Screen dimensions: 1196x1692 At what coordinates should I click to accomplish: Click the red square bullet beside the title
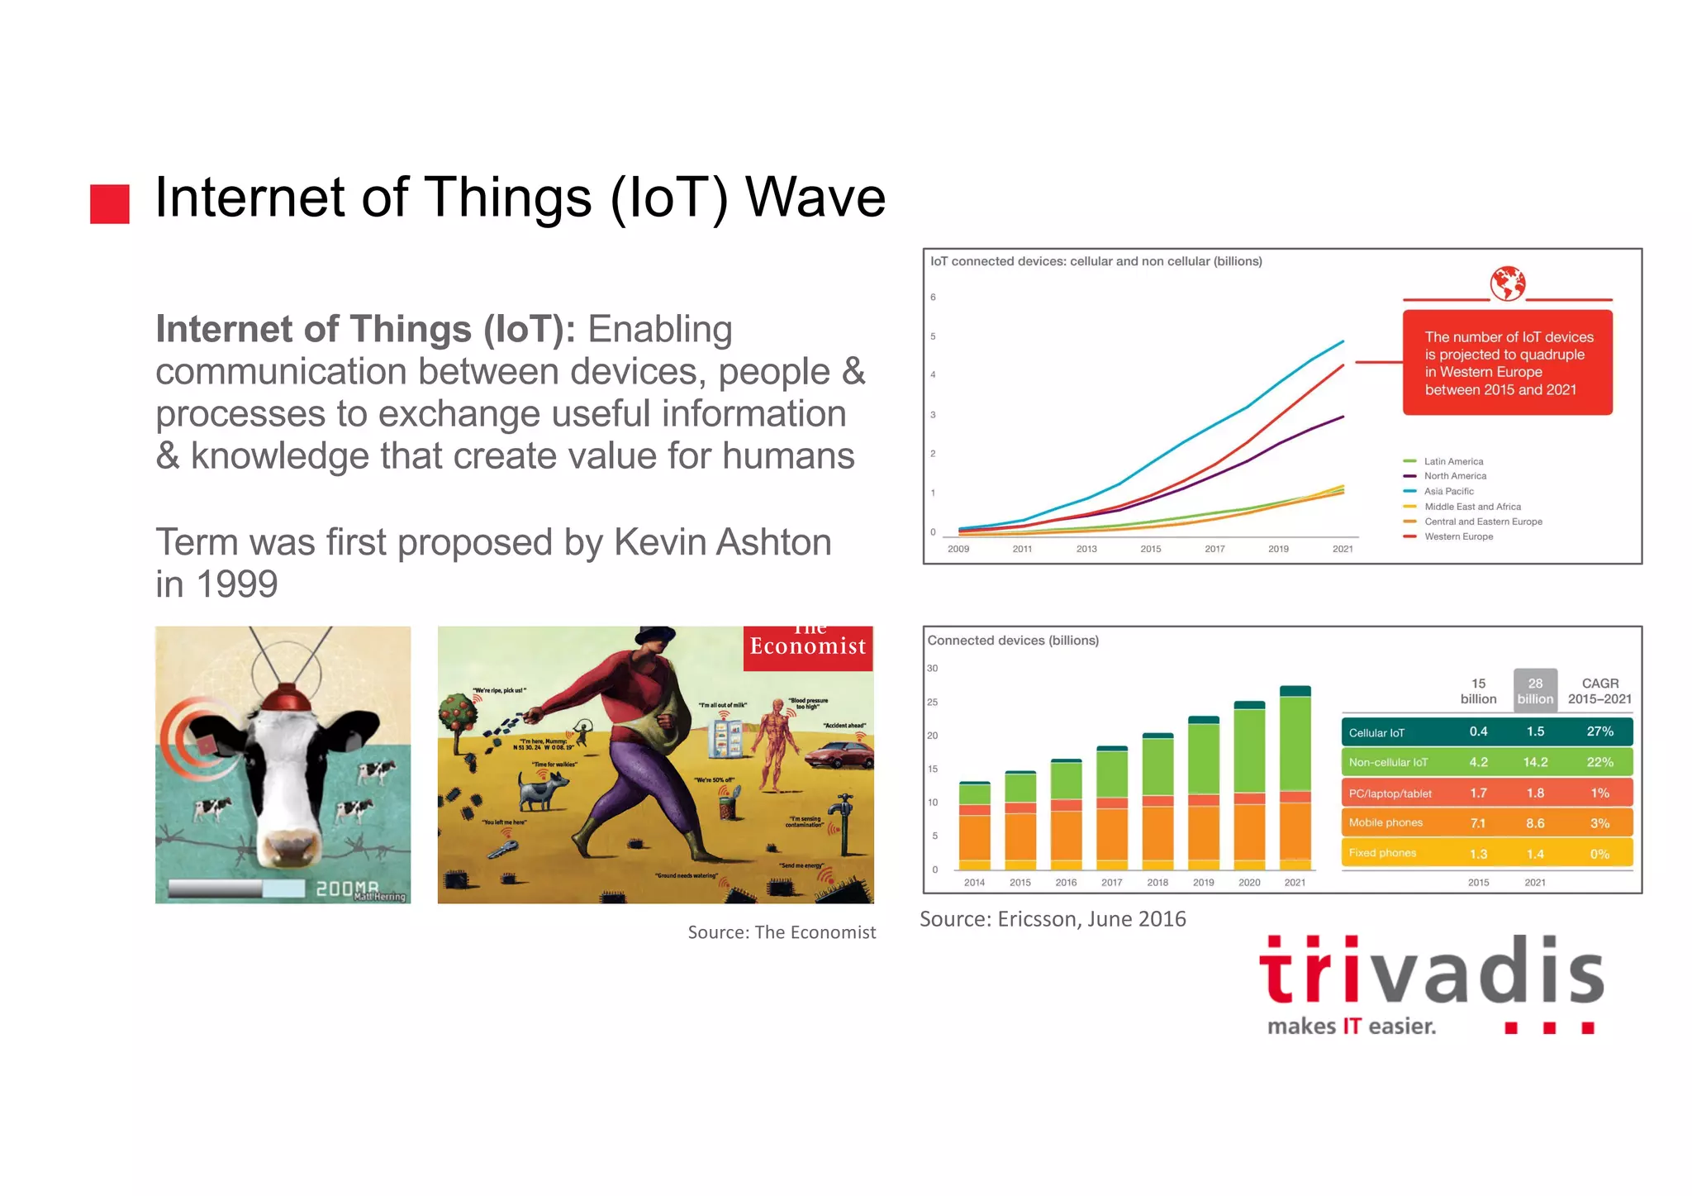pyautogui.click(x=110, y=203)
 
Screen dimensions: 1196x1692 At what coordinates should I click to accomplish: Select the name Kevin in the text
pyautogui.click(x=662, y=543)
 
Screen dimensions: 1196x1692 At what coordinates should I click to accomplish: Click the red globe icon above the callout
pyautogui.click(x=1507, y=284)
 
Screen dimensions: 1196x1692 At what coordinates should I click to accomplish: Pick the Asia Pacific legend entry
pyautogui.click(x=1447, y=491)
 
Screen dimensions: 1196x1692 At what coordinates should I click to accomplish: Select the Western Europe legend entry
pyautogui.click(x=1457, y=536)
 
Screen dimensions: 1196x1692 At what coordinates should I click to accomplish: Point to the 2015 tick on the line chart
pyautogui.click(x=1150, y=549)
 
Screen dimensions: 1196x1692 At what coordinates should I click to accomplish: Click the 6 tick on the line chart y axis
pyautogui.click(x=933, y=298)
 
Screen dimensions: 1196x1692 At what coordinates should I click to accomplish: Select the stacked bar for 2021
pyautogui.click(x=1295, y=777)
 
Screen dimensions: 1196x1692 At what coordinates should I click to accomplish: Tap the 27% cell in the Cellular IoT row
pyautogui.click(x=1599, y=731)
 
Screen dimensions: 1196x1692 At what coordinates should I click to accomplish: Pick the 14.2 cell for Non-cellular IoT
pyautogui.click(x=1535, y=762)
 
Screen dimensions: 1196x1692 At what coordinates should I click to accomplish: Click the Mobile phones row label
pyautogui.click(x=1385, y=822)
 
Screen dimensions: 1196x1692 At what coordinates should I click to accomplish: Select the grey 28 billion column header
pyautogui.click(x=1535, y=690)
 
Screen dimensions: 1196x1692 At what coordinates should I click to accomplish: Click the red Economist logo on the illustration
pyautogui.click(x=807, y=646)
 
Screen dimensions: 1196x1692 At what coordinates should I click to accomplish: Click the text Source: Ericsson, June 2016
pyautogui.click(x=1053, y=919)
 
